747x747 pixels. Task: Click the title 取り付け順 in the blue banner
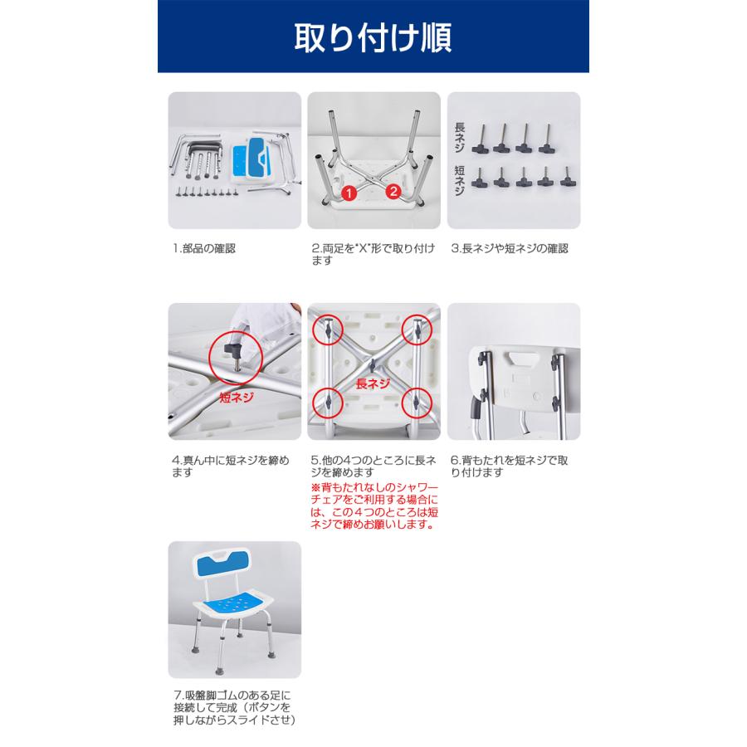pos(373,37)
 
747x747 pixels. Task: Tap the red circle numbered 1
pos(349,193)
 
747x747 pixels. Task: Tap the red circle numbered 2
pos(393,192)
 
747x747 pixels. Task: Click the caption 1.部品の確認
pos(204,249)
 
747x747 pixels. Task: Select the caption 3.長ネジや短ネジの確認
pos(510,249)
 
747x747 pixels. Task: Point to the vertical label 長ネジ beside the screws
pos(459,137)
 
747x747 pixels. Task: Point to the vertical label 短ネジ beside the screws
pos(459,180)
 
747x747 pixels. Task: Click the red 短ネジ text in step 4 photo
pos(237,398)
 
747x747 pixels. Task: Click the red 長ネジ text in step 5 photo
pos(373,383)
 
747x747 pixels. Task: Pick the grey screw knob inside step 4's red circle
pos(234,352)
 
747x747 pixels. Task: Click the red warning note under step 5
pos(374,506)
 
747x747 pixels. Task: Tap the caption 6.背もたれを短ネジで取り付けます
pos(510,466)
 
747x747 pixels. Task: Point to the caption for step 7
pos(234,707)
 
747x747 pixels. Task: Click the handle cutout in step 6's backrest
pos(522,358)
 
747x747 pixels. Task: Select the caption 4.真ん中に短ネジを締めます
pos(231,466)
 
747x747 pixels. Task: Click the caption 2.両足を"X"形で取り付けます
pos(373,255)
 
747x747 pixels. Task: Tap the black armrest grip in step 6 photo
pos(475,408)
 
